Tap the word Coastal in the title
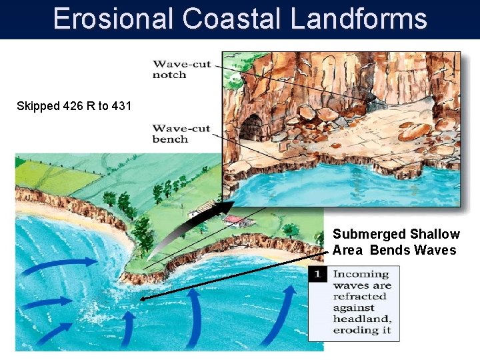pos(232,19)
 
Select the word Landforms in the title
pos(358,19)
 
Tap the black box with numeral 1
pos(318,274)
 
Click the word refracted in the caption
pos(359,297)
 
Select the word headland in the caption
pos(361,319)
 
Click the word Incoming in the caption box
pos(361,274)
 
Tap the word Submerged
pos(369,234)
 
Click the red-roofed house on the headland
pos(233,220)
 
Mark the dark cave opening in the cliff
pos(253,126)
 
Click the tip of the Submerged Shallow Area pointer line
pos(142,300)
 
